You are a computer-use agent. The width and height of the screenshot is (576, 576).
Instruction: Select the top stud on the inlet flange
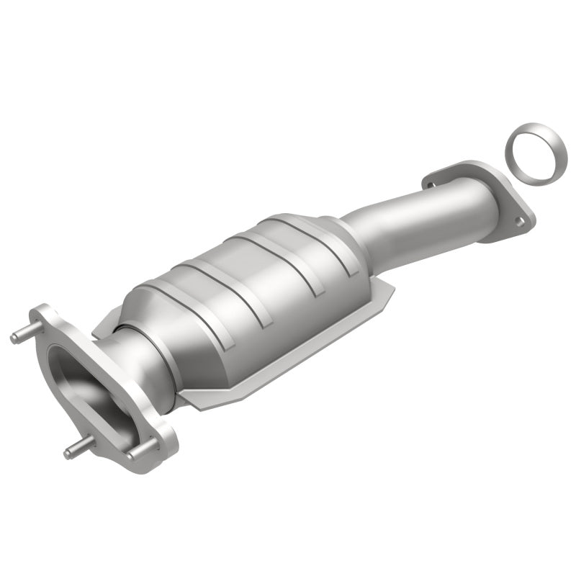coord(22,336)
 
